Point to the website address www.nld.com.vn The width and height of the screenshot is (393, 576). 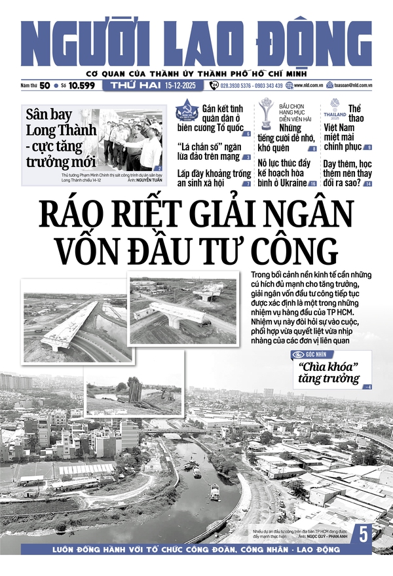[x=311, y=86]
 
